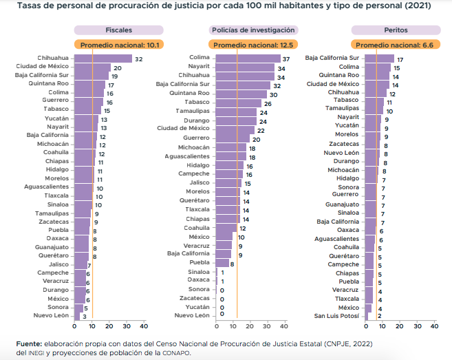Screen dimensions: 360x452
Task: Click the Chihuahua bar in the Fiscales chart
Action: (103, 59)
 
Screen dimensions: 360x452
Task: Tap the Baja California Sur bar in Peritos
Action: (379, 59)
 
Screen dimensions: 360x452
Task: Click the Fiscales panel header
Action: (119, 30)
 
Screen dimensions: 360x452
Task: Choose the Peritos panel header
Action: (396, 30)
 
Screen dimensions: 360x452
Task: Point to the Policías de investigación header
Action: (254, 30)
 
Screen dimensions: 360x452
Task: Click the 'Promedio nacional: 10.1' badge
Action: (119, 45)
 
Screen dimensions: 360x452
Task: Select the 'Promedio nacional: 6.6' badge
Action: (396, 45)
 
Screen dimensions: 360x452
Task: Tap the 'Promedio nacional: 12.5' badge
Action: (254, 45)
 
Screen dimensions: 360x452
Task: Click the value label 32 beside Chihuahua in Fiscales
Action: (138, 59)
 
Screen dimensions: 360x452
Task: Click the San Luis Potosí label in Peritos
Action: (337, 316)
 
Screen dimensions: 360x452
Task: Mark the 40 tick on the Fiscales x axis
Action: (144, 326)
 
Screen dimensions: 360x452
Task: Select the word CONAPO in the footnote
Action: (176, 352)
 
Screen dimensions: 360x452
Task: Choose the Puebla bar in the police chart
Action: (223, 263)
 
